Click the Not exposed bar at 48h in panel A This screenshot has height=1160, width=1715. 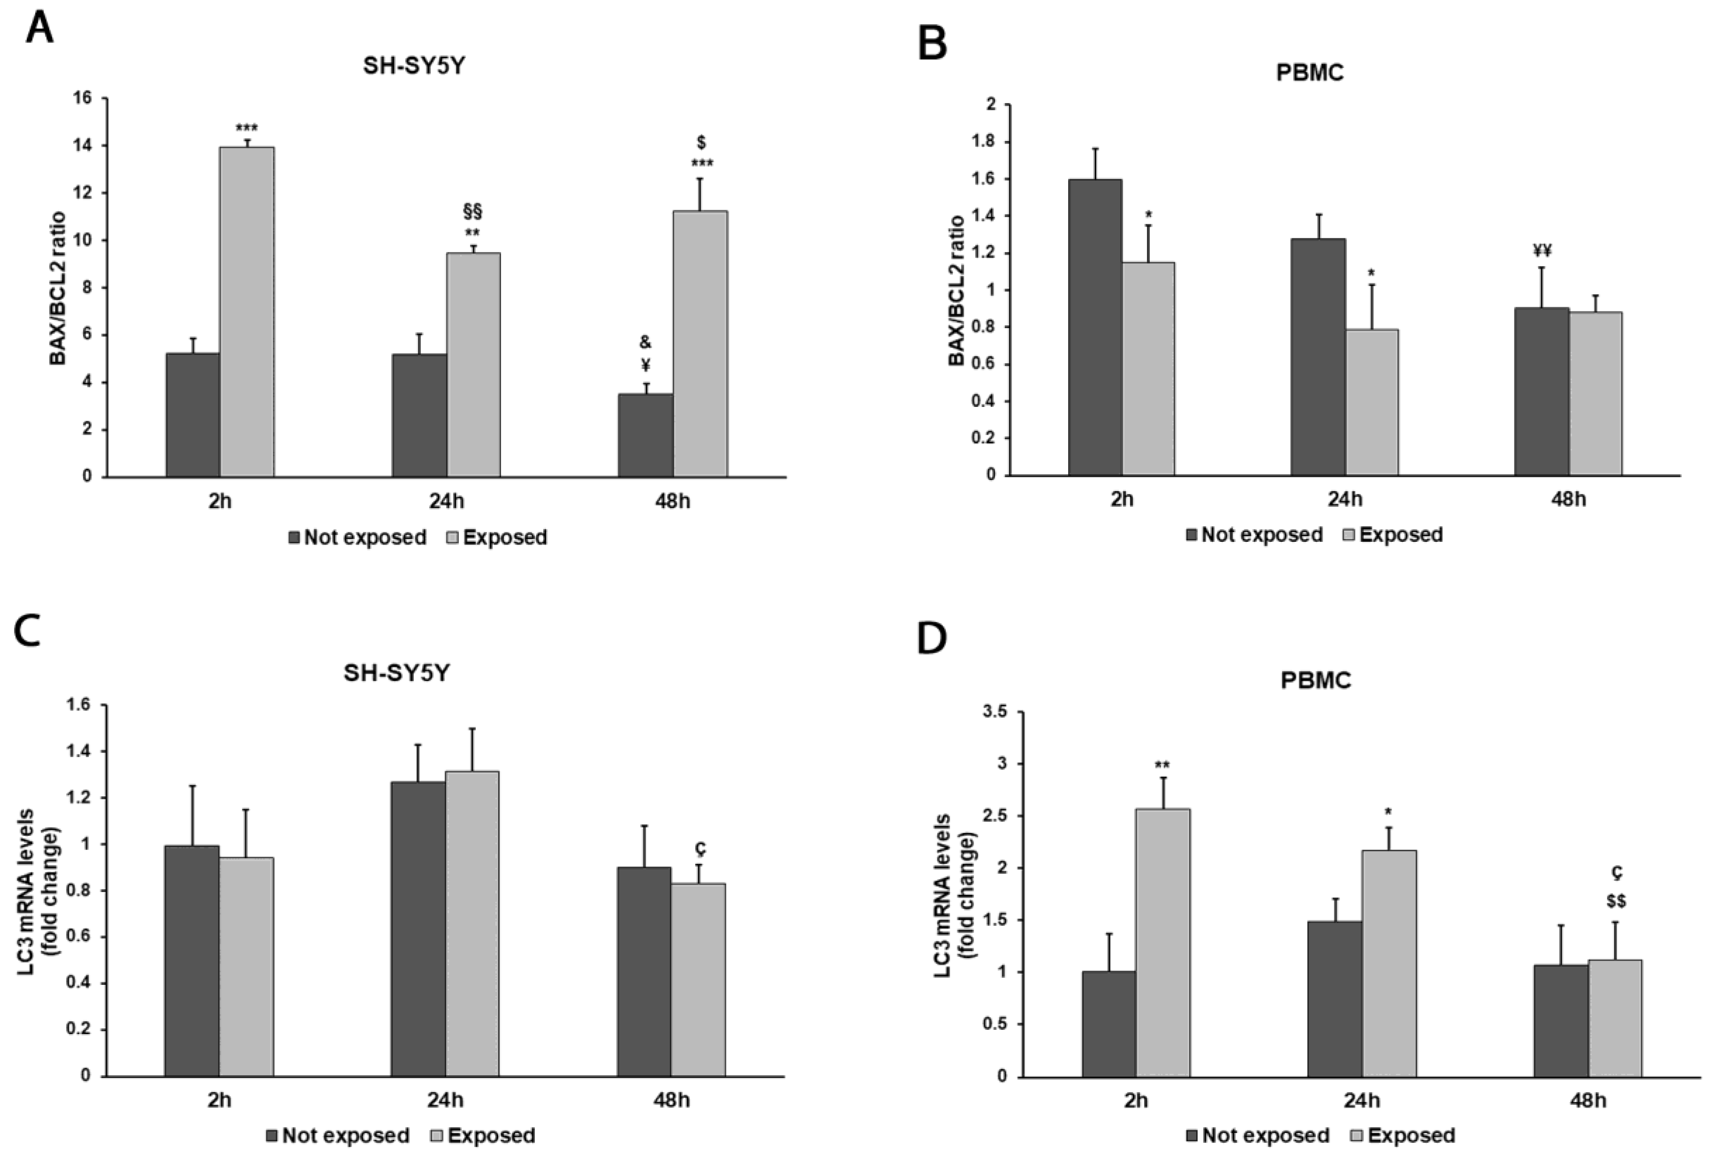[x=645, y=435]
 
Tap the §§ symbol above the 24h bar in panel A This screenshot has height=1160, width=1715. [x=472, y=212]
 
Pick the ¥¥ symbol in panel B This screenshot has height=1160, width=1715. [x=1542, y=251]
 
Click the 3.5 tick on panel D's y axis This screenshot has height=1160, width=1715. [x=993, y=712]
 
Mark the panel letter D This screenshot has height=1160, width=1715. [x=931, y=639]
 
